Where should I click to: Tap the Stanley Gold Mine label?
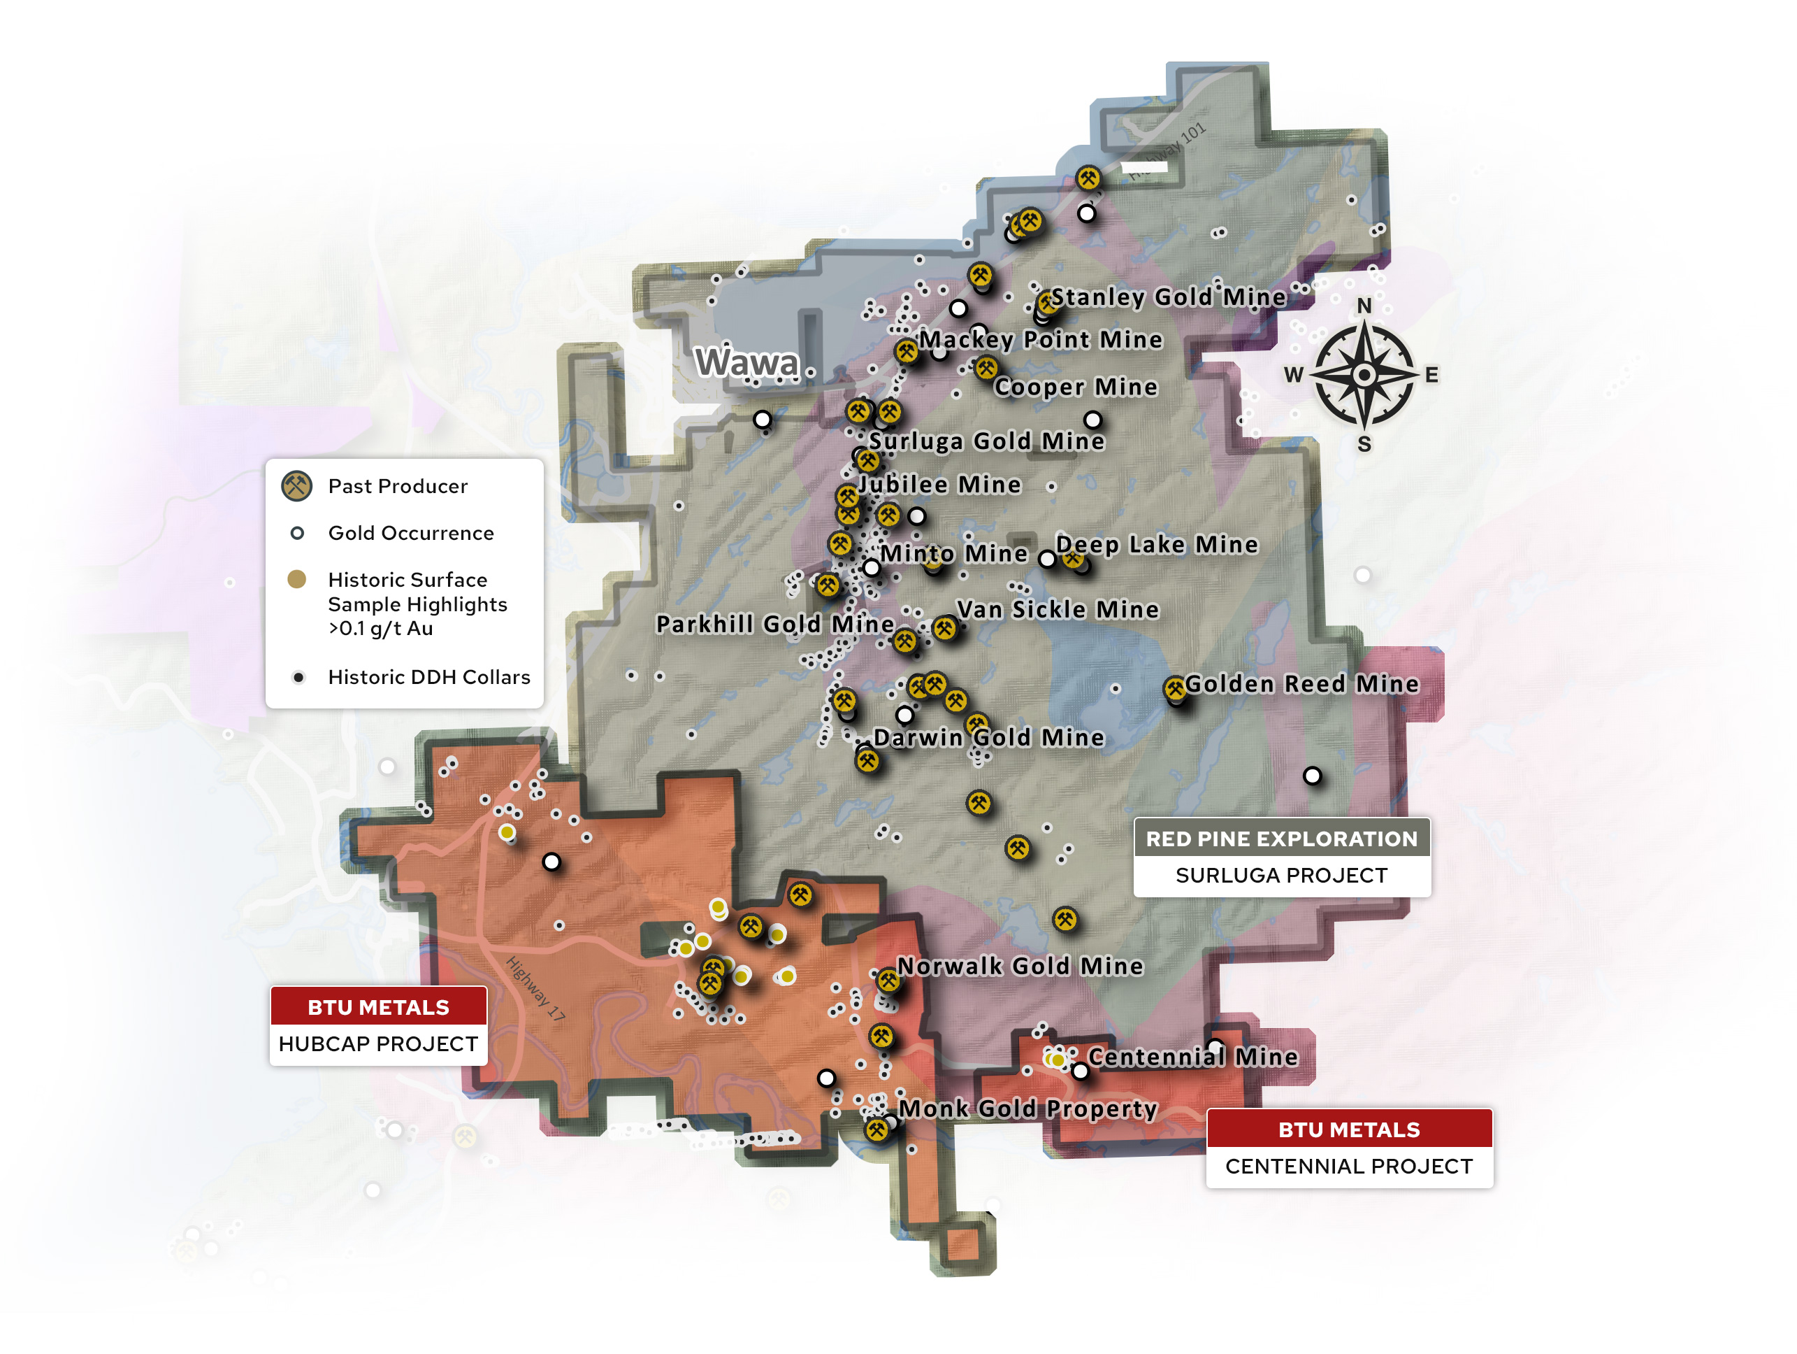(1168, 297)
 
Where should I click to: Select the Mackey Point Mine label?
(1041, 340)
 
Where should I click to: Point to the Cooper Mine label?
(1076, 387)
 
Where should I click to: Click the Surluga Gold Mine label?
(987, 441)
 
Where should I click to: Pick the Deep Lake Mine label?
(1157, 545)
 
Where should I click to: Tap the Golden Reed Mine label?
(1301, 684)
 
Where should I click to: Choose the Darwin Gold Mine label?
(989, 738)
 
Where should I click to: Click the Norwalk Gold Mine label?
(1020, 967)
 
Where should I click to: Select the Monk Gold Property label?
(1027, 1109)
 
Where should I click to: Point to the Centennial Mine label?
(1192, 1057)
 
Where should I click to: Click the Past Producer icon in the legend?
(297, 486)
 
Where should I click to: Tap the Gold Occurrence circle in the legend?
(297, 533)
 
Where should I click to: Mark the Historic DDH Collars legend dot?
(298, 677)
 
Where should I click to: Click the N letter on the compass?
(1364, 306)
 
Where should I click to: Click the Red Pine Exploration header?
(1281, 839)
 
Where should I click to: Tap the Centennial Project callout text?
(1348, 1167)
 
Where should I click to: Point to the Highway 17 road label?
(535, 988)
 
